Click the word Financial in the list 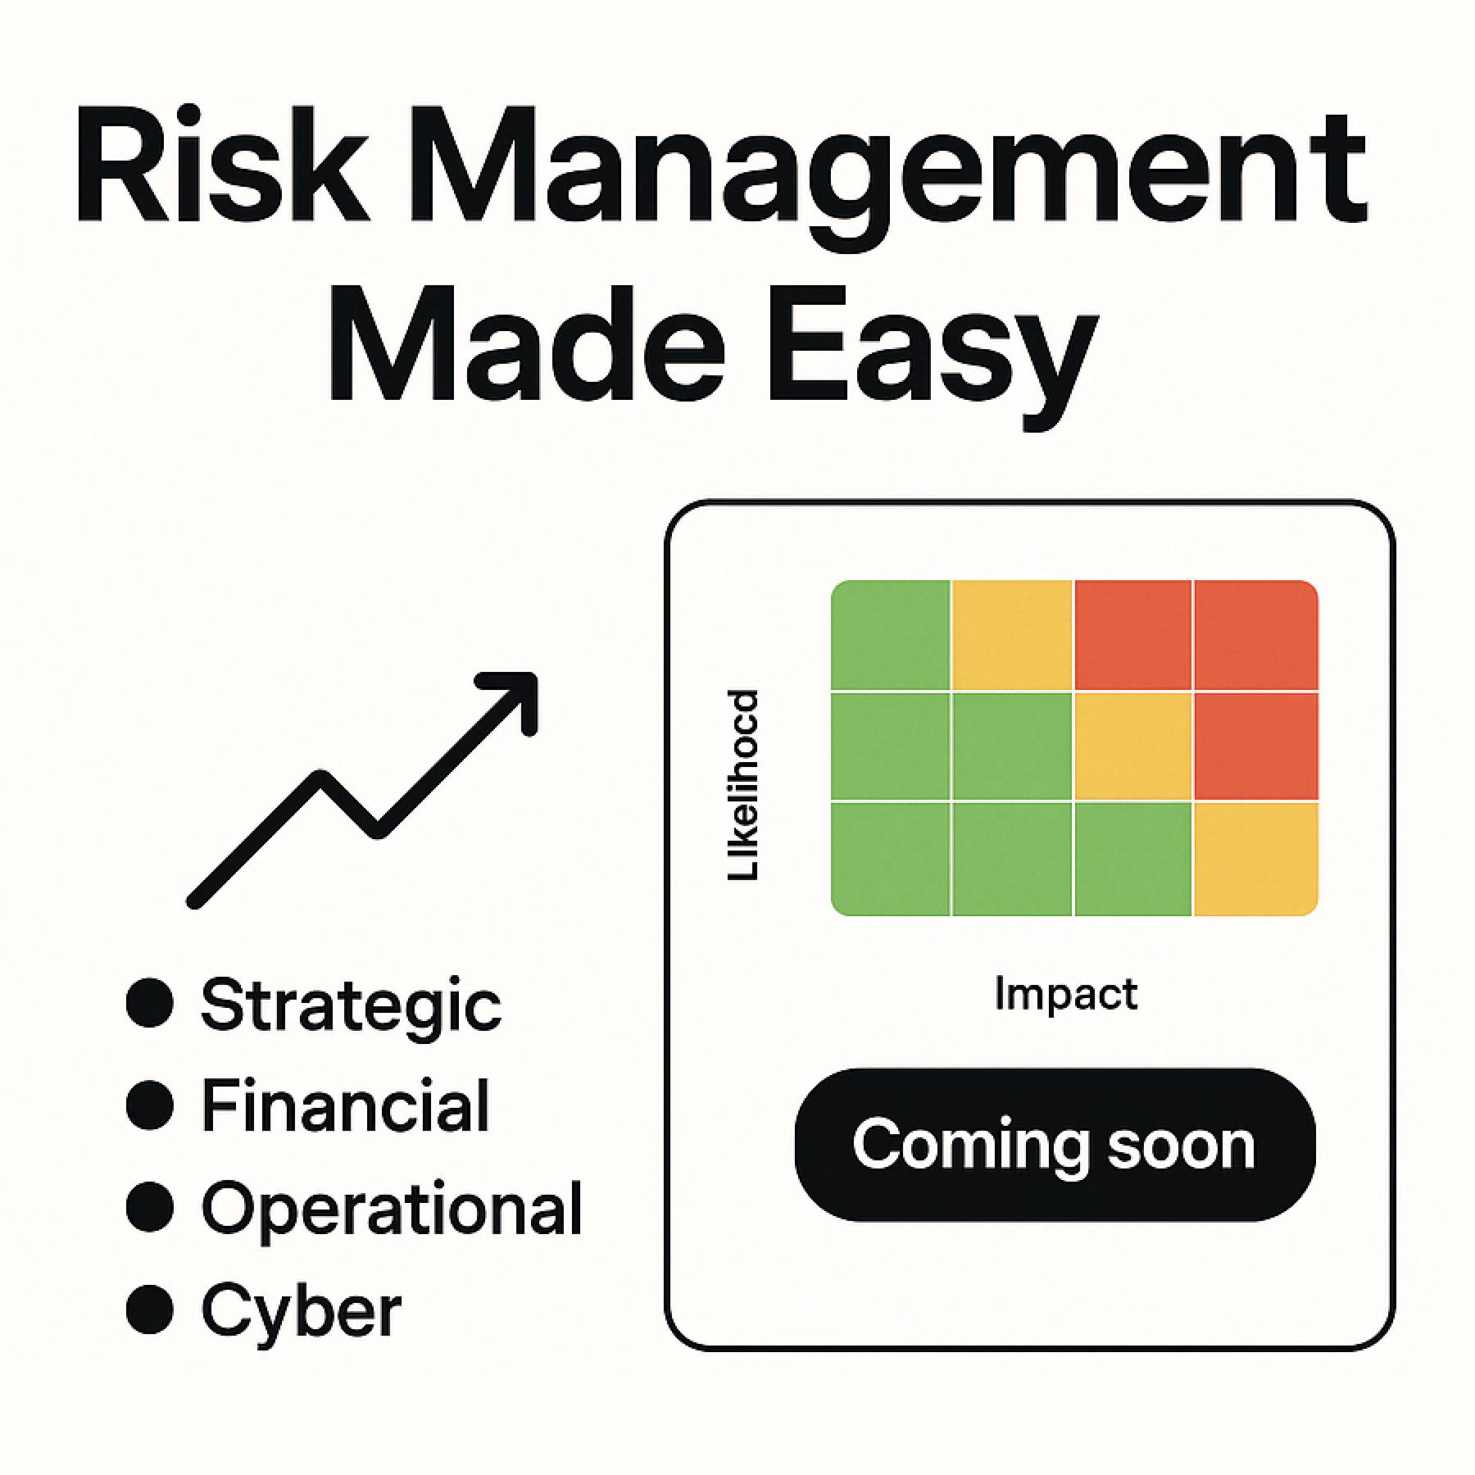click(x=345, y=1106)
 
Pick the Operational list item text click(x=392, y=1209)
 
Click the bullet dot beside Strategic click(x=150, y=1002)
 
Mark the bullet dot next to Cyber click(x=150, y=1309)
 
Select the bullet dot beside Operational click(x=150, y=1206)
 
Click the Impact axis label click(x=1065, y=995)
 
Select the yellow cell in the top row click(x=1012, y=635)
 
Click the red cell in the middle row click(x=1255, y=746)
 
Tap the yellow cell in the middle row click(x=1132, y=746)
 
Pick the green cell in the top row click(x=891, y=635)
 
